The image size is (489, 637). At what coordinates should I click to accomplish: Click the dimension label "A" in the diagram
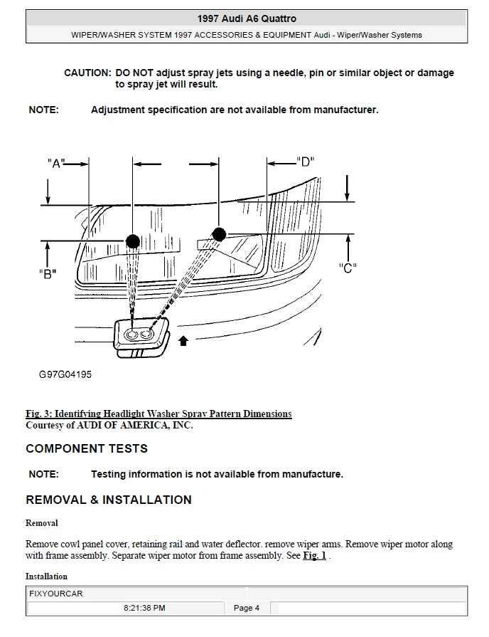(55, 163)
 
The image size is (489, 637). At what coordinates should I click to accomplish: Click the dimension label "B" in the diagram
(48, 274)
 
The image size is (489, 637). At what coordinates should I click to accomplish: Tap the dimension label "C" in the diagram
(348, 268)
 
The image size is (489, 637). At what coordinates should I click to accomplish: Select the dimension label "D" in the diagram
(305, 162)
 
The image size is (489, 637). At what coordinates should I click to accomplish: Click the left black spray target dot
(132, 241)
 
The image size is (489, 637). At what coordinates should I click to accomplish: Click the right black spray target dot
(219, 234)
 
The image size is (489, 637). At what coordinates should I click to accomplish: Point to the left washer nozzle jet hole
(132, 334)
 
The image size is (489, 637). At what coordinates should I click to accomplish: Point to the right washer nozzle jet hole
(148, 333)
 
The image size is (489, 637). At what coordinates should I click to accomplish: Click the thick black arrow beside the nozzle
(183, 341)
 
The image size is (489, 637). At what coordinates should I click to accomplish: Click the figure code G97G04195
(65, 374)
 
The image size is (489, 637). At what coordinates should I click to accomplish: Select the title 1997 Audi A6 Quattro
(247, 19)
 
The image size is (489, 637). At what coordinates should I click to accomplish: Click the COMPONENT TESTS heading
(87, 449)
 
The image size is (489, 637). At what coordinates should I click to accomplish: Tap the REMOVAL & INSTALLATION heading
(109, 500)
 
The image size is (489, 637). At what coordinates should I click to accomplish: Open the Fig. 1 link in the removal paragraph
(314, 556)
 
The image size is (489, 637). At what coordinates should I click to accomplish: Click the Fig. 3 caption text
(158, 414)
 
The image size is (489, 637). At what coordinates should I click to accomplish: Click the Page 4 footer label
(247, 609)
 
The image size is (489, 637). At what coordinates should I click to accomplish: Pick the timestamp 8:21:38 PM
(144, 609)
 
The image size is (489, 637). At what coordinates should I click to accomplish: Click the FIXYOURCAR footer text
(56, 594)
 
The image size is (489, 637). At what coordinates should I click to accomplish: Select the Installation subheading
(46, 577)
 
